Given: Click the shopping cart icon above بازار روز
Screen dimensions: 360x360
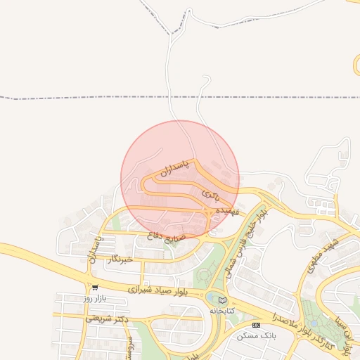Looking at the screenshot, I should click(95, 288).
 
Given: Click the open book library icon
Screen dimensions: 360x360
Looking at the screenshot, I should click(223, 301).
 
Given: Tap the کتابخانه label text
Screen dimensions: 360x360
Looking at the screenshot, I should click(222, 310).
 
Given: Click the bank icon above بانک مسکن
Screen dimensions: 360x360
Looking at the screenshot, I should click(256, 325).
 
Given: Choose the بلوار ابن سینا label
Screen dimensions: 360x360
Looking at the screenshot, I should click(349, 330).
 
